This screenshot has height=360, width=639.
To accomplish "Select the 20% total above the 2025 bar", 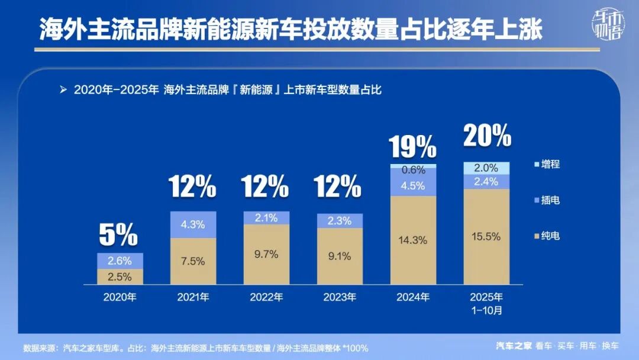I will pyautogui.click(x=487, y=136).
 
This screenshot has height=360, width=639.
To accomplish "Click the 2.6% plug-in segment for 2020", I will pyautogui.click(x=120, y=261).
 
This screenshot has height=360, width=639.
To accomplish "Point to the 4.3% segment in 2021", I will pyautogui.click(x=193, y=224).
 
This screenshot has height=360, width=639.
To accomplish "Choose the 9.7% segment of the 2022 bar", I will pyautogui.click(x=266, y=254).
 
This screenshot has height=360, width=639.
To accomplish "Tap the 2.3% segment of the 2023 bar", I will pyautogui.click(x=340, y=221).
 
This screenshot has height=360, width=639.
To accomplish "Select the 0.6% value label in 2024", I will pyautogui.click(x=413, y=170).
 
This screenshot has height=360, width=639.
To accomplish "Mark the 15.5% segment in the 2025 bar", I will pyautogui.click(x=486, y=236).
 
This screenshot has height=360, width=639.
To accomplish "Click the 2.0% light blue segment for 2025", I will pyautogui.click(x=486, y=168).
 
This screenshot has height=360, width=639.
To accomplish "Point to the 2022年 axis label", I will pyautogui.click(x=266, y=297).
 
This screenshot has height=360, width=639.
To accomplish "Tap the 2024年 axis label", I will pyautogui.click(x=413, y=297).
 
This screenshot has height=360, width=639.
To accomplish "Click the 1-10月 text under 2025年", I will pyautogui.click(x=486, y=309).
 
